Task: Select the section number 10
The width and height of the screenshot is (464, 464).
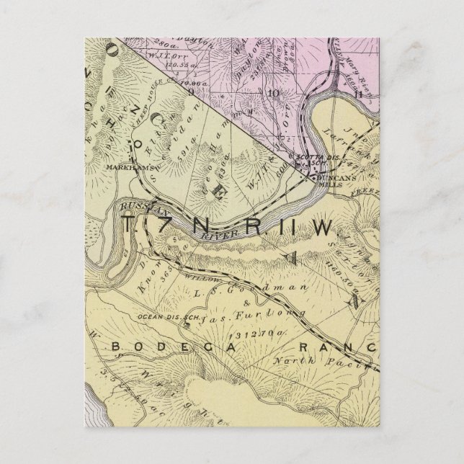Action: pyautogui.click(x=273, y=92)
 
